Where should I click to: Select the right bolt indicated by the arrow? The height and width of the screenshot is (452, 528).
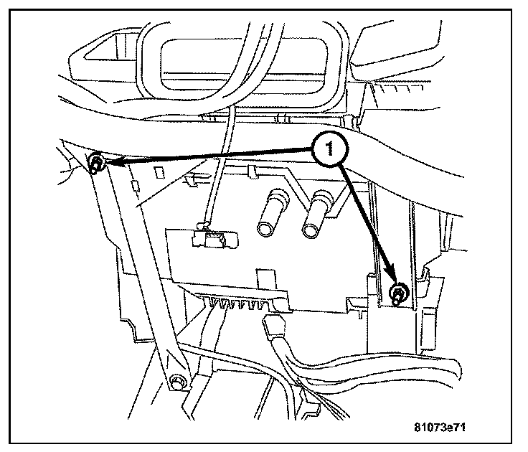397,293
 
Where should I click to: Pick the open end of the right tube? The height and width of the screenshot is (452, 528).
311,230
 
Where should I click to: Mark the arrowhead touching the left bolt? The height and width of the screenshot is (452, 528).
113,164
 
